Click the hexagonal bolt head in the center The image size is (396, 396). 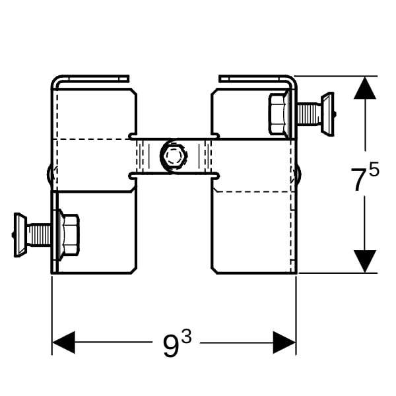click(173, 157)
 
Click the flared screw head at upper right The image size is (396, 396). click(327, 113)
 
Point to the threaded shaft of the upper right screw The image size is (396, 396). click(308, 114)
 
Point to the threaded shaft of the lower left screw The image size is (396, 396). click(40, 234)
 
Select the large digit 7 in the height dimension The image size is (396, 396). click(358, 180)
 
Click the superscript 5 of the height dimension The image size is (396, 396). click(374, 171)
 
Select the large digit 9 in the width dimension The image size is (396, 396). click(170, 345)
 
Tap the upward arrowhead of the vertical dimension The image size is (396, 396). click(364, 88)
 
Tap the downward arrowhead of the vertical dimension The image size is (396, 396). click(364, 261)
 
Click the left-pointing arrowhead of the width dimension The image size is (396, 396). click(63, 343)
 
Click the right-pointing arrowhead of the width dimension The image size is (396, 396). click(284, 343)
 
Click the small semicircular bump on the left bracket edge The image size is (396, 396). click(49, 174)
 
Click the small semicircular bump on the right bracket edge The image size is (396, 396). click(298, 174)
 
